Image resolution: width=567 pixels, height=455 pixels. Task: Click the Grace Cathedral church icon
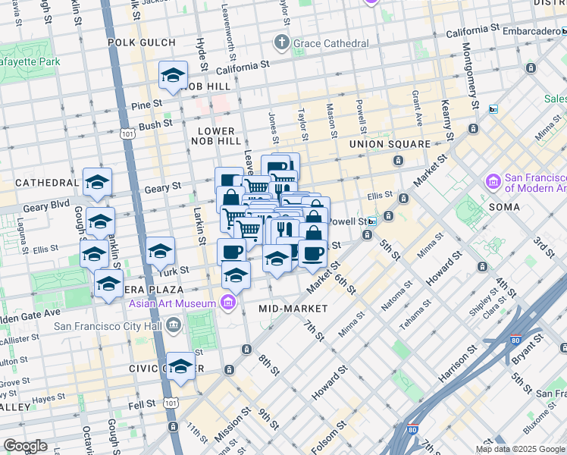[282, 42]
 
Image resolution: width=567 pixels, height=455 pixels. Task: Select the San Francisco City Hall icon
[174, 327]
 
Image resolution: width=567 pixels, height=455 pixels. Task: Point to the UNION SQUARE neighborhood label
[390, 144]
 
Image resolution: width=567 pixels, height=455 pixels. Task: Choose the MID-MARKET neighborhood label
[293, 309]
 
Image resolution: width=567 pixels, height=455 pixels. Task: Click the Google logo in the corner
[25, 446]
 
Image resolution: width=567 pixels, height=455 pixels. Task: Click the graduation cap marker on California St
[174, 75]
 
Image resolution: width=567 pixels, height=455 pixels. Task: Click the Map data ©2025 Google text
[520, 449]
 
